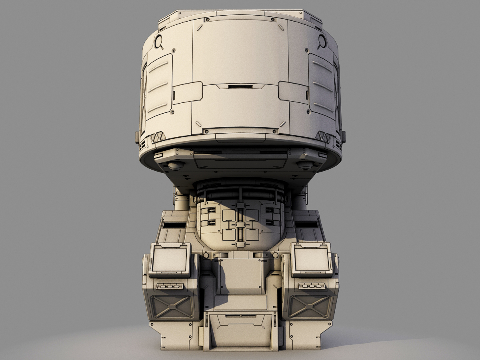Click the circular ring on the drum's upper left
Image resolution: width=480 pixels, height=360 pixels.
click(158, 41)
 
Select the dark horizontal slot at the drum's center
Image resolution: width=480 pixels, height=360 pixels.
click(240, 86)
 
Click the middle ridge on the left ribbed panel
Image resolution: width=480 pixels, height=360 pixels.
click(158, 87)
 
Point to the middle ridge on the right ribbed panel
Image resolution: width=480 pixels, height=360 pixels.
click(322, 87)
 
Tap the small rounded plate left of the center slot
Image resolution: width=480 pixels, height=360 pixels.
click(188, 92)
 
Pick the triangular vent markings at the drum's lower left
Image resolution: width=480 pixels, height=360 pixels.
click(158, 137)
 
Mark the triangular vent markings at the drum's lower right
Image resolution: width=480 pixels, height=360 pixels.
click(323, 137)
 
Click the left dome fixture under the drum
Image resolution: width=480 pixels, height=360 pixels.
click(176, 165)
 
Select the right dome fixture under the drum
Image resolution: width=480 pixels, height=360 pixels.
click(305, 165)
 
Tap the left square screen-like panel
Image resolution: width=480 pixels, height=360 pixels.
click(170, 260)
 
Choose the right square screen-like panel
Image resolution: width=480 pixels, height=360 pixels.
click(311, 260)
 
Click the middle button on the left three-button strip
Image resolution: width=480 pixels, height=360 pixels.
click(170, 286)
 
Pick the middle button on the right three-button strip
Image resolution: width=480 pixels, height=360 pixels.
click(311, 286)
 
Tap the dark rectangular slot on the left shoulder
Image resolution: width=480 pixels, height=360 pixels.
click(174, 225)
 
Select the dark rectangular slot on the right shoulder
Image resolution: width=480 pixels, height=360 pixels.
click(306, 225)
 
